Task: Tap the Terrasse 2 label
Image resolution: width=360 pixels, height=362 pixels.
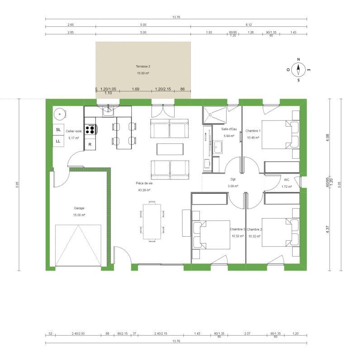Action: pos(143,67)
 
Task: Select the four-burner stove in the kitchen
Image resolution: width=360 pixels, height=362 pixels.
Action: pos(90,130)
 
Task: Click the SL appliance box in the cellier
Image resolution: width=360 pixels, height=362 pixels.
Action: pos(58,129)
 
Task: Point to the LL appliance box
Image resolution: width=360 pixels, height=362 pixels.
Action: pos(58,141)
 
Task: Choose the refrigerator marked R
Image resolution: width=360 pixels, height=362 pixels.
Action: pos(90,145)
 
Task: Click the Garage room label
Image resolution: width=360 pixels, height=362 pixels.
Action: pos(79,208)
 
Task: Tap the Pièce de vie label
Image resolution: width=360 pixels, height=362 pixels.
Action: pos(143,183)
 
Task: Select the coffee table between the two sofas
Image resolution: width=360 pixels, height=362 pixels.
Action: pos(170,149)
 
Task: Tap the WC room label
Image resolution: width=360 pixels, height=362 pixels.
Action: pos(286,179)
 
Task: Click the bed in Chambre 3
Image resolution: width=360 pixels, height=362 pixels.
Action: pos(211,235)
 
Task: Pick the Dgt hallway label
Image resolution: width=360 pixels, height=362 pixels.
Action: pos(233,179)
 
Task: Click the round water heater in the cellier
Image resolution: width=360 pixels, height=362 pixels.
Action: pos(59,114)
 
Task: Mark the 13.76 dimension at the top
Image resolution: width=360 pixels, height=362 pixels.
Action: pos(176,17)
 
